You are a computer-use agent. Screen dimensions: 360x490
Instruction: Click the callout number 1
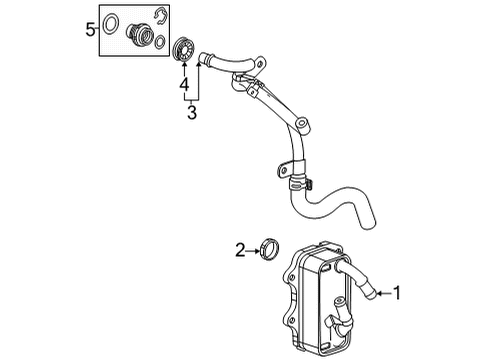click(398, 294)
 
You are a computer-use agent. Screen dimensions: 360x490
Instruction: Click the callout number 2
click(240, 250)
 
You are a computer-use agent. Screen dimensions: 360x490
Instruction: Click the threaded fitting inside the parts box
click(133, 37)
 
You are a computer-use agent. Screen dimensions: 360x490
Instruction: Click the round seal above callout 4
click(183, 49)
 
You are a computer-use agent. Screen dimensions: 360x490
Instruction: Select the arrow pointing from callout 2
click(257, 250)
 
